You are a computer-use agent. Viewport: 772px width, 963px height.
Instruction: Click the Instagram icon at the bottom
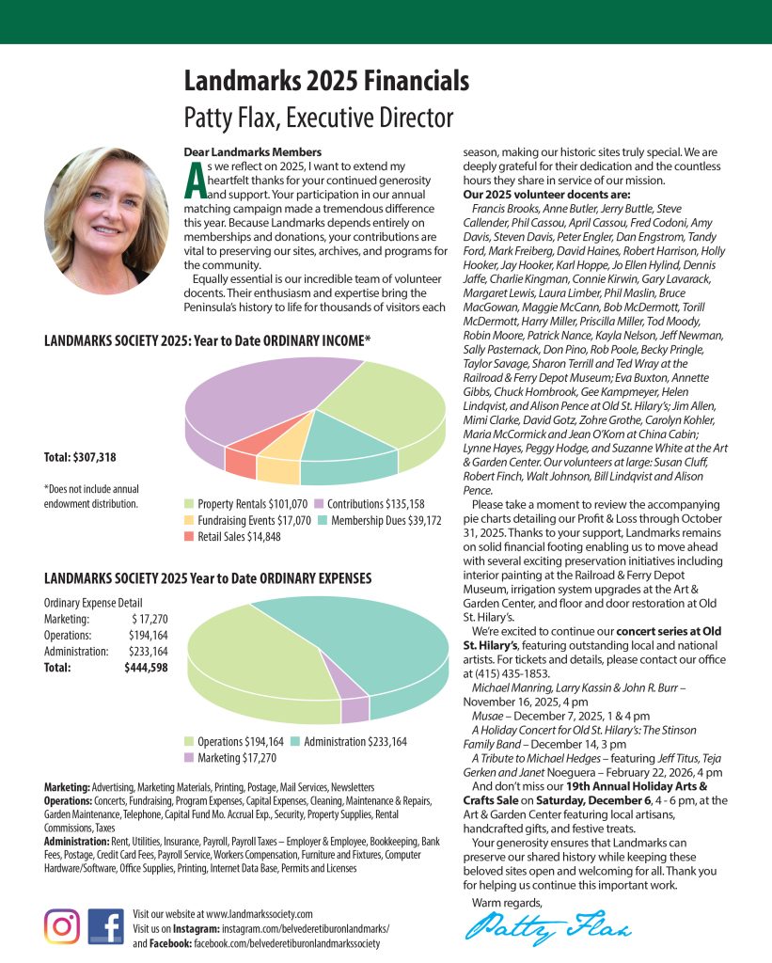point(62,925)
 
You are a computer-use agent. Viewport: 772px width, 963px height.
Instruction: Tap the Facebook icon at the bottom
point(105,925)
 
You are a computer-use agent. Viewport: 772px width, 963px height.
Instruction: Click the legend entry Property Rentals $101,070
point(246,503)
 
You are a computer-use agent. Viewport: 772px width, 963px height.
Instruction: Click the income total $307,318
point(80,458)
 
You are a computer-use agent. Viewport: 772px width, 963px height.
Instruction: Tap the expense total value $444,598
point(146,668)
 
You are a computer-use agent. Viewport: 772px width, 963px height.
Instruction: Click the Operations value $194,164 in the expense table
point(149,635)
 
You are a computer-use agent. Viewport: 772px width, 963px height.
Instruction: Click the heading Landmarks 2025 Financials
point(325,82)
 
